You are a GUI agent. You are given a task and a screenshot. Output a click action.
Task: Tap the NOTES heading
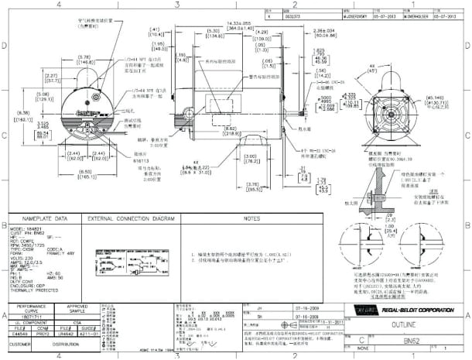[250, 219]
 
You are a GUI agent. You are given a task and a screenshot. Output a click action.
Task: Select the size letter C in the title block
[361, 339]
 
